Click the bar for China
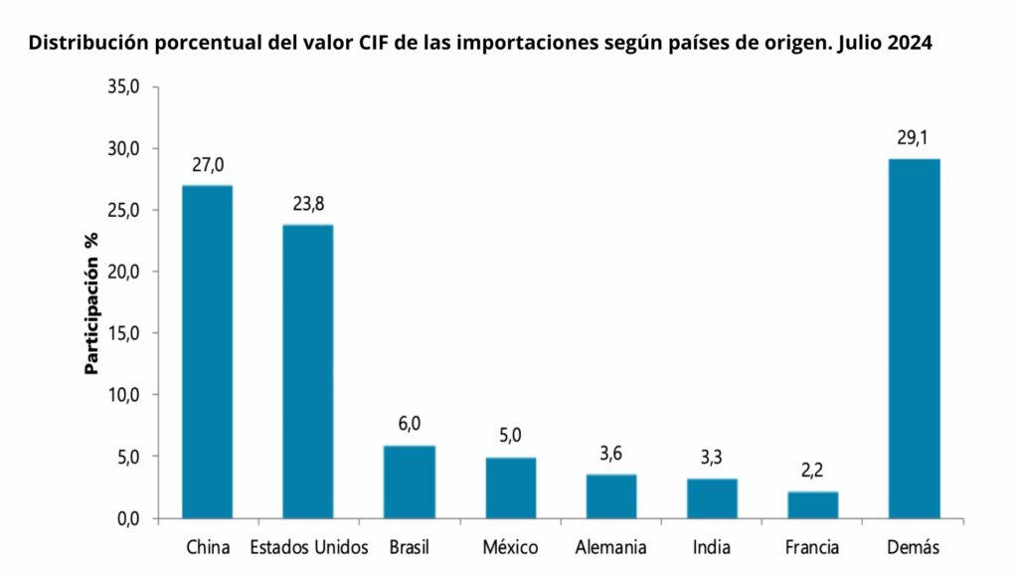click(x=208, y=351)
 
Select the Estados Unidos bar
click(x=308, y=371)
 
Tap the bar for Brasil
click(x=410, y=481)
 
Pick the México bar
click(x=510, y=487)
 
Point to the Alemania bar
click(x=611, y=496)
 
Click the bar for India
click(x=712, y=498)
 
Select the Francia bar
click(x=813, y=504)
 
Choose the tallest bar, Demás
click(x=914, y=338)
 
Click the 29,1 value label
click(x=914, y=138)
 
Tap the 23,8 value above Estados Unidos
click(x=308, y=205)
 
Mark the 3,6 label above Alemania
click(x=611, y=455)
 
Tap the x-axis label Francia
click(x=812, y=547)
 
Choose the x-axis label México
click(x=510, y=547)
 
